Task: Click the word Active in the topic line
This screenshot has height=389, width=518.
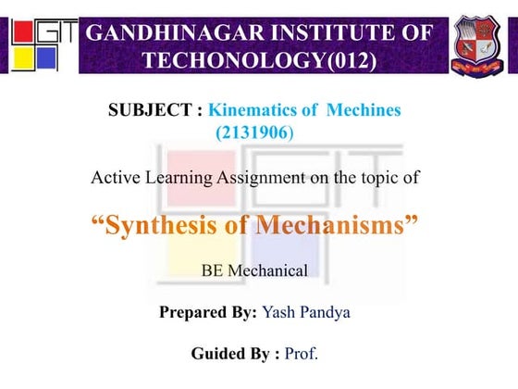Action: [118, 176]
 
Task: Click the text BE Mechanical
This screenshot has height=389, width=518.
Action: [253, 271]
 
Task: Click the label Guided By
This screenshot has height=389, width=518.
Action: [231, 354]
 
